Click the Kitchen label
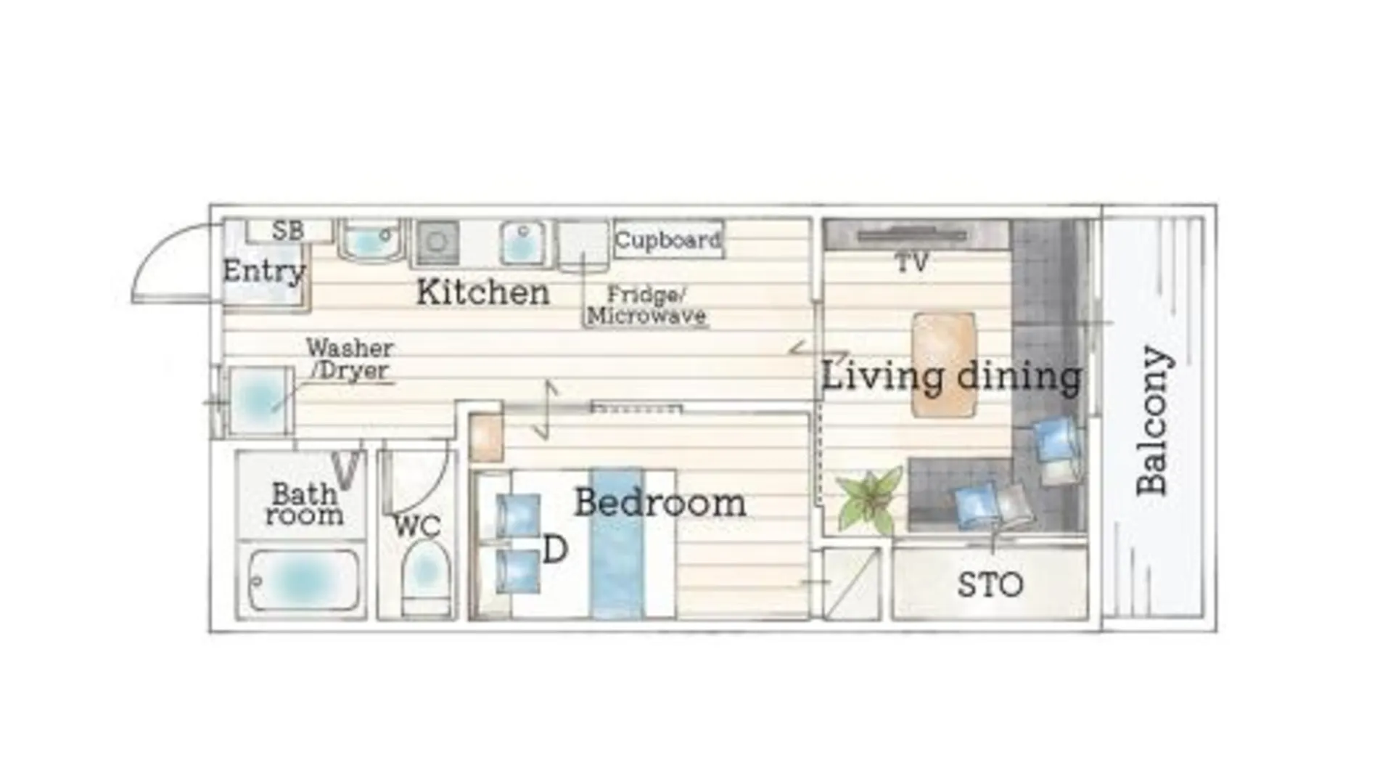tap(483, 292)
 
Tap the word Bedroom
tap(659, 502)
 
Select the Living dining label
tap(951, 376)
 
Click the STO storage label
tap(990, 584)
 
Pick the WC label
tap(417, 526)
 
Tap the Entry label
tap(264, 271)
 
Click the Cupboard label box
tap(668, 239)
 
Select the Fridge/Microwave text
tap(646, 305)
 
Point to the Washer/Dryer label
tap(350, 359)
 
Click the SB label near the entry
tap(287, 231)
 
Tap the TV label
tap(912, 262)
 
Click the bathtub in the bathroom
tap(303, 580)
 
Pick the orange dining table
tap(943, 364)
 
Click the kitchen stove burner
tap(437, 242)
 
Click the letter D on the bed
tap(554, 550)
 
